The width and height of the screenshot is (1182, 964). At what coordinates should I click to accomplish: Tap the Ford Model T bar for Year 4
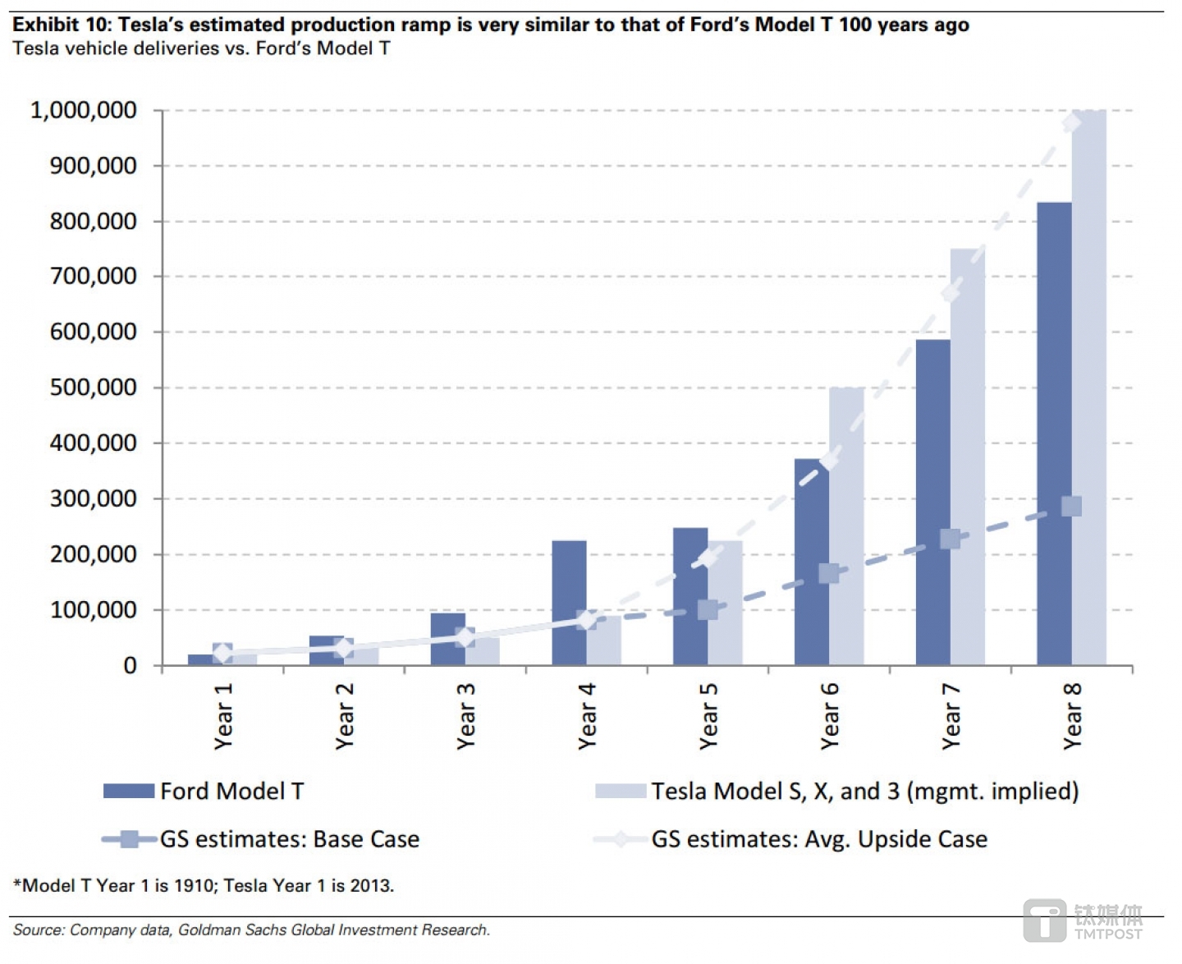point(569,603)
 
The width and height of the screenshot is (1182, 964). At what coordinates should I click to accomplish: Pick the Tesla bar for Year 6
point(846,526)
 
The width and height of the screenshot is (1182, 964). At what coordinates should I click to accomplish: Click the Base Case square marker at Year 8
point(1071,506)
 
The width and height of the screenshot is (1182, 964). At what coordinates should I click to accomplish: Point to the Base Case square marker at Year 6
point(829,573)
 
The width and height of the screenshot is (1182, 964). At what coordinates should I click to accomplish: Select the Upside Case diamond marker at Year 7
point(951,293)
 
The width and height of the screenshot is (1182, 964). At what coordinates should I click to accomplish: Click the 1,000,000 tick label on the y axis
point(84,110)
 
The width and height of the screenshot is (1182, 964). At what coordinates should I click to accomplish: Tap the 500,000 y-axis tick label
point(94,388)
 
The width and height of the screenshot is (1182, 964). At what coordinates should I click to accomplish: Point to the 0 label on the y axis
point(130,665)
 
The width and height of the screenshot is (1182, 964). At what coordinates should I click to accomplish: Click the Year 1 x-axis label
point(223,716)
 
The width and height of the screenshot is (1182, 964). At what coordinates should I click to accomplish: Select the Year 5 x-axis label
point(708,716)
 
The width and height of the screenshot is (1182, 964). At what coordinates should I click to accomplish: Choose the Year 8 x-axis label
point(1072,716)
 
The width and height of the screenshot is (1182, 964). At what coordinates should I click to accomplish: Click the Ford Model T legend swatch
point(129,791)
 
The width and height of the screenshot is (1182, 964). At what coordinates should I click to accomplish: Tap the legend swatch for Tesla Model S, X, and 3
point(621,791)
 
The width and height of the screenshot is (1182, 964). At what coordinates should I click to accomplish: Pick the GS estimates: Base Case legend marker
point(130,839)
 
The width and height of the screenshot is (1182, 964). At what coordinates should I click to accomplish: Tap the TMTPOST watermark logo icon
point(1044,920)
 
